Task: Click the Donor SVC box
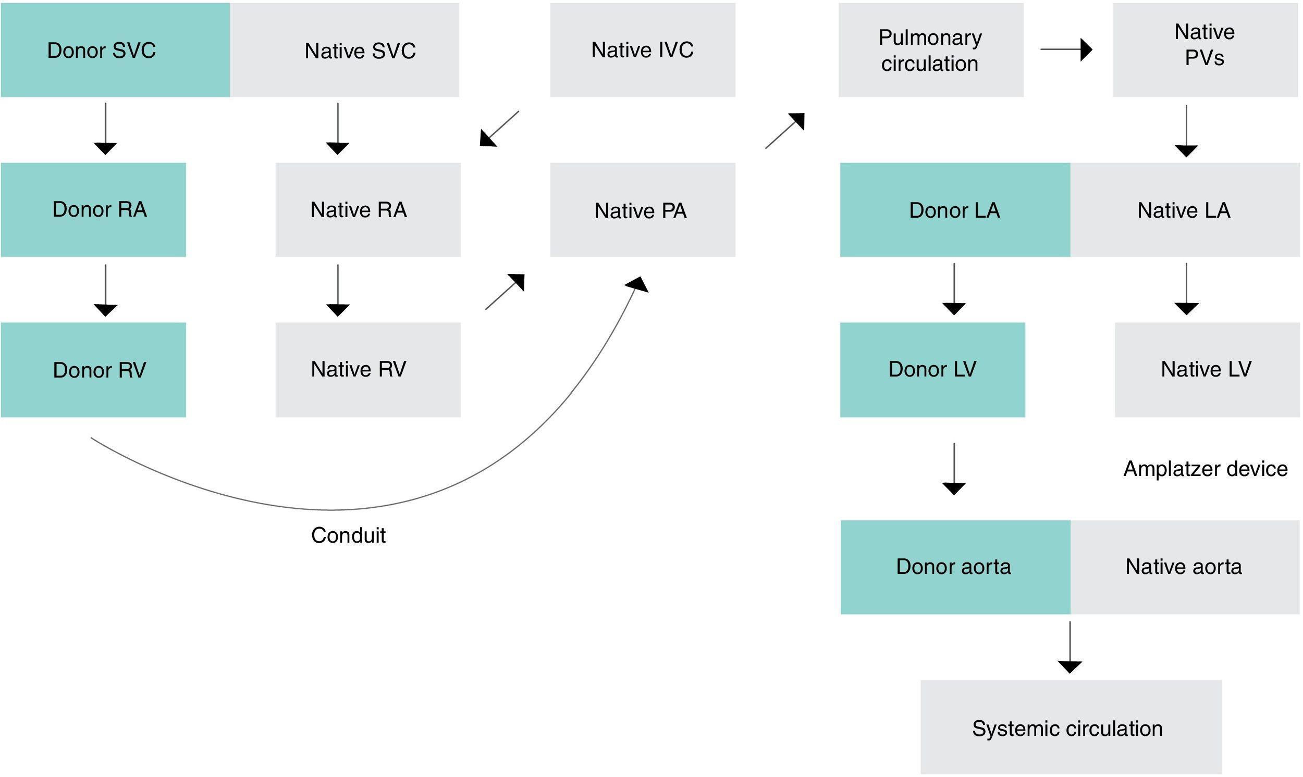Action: point(115,51)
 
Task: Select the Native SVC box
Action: point(345,51)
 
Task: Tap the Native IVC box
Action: point(642,51)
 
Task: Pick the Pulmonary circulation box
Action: point(930,51)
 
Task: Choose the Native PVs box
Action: point(1205,51)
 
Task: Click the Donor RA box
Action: point(93,210)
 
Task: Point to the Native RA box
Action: point(368,210)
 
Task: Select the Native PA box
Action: point(642,210)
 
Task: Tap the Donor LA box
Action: point(955,210)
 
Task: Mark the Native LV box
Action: point(1207,370)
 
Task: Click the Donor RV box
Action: point(93,370)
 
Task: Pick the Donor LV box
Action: point(932,370)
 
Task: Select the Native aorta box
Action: point(1184,567)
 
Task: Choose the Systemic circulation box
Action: point(1071,728)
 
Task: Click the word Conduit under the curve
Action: point(348,535)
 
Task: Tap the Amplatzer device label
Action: point(1205,469)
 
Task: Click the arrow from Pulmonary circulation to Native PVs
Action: point(1066,50)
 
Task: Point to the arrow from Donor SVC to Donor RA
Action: point(105,128)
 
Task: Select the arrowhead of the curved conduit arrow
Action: point(638,285)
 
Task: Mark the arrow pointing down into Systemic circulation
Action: point(1070,647)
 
